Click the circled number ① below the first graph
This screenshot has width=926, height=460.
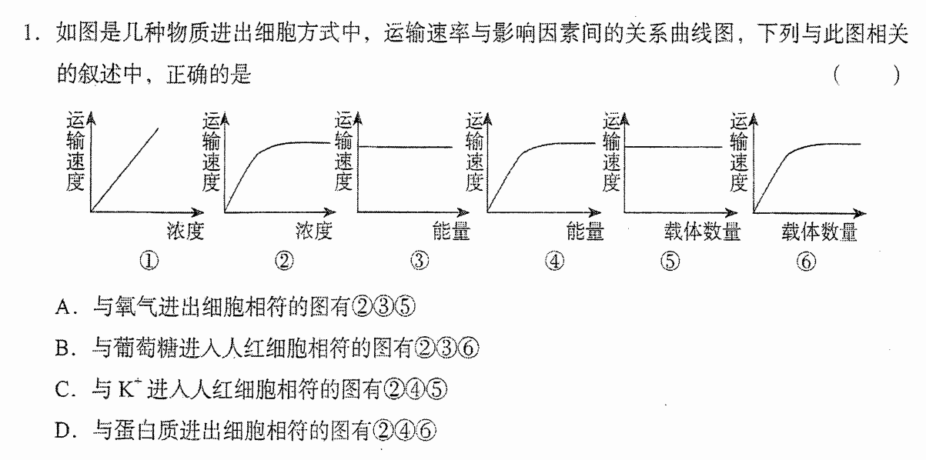pyautogui.click(x=149, y=261)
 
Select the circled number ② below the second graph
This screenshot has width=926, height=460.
pyautogui.click(x=284, y=261)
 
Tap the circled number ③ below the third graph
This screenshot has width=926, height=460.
pyautogui.click(x=420, y=260)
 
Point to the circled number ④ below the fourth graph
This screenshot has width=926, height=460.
pyautogui.click(x=555, y=262)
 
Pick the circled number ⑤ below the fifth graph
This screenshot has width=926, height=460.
pyautogui.click(x=670, y=262)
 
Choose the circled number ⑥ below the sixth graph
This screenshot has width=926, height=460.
pyautogui.click(x=806, y=262)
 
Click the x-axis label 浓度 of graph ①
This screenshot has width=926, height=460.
pyautogui.click(x=186, y=231)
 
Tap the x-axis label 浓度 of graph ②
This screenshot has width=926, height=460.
pyautogui.click(x=314, y=231)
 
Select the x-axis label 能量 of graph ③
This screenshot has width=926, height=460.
pyautogui.click(x=451, y=231)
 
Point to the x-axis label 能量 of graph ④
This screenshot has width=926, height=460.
pyautogui.click(x=585, y=231)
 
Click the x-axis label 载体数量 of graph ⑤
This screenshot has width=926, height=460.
pyautogui.click(x=702, y=231)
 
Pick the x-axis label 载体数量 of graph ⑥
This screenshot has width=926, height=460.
pyautogui.click(x=819, y=232)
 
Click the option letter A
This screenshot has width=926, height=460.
pyautogui.click(x=64, y=308)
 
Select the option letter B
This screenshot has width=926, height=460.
pyautogui.click(x=63, y=348)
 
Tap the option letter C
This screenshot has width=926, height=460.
pyautogui.click(x=63, y=390)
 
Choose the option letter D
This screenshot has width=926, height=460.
pyautogui.click(x=63, y=431)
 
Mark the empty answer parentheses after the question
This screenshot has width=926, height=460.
pyautogui.click(x=867, y=75)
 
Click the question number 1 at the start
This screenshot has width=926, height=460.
pyautogui.click(x=28, y=33)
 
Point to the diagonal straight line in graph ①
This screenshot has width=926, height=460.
pyautogui.click(x=125, y=170)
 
